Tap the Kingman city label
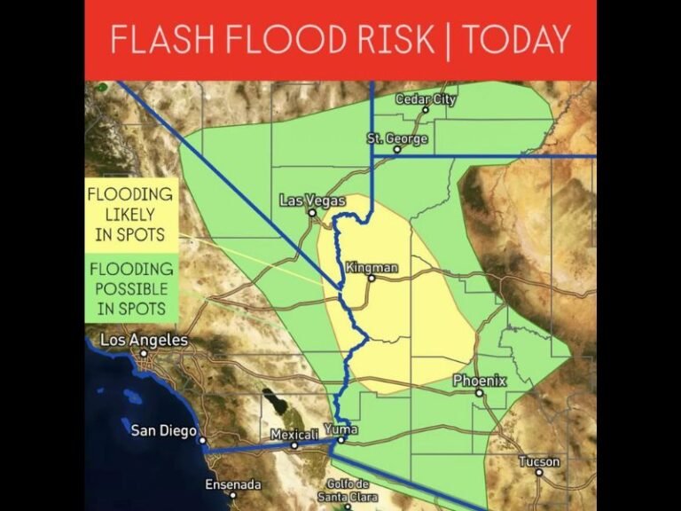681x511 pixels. point(372,267)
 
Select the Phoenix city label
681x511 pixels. point(480,381)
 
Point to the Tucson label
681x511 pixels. point(539,461)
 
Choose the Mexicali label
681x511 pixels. point(294,435)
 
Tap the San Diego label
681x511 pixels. point(163,431)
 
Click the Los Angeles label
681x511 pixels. point(145,340)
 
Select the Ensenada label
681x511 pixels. point(233,484)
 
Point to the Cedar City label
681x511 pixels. point(426,99)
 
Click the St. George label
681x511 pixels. point(397,139)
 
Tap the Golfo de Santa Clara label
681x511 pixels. point(348,490)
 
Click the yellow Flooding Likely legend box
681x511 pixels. point(130,214)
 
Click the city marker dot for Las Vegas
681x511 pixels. point(312,213)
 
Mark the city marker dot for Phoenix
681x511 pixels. point(479,392)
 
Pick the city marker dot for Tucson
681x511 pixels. point(539,472)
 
